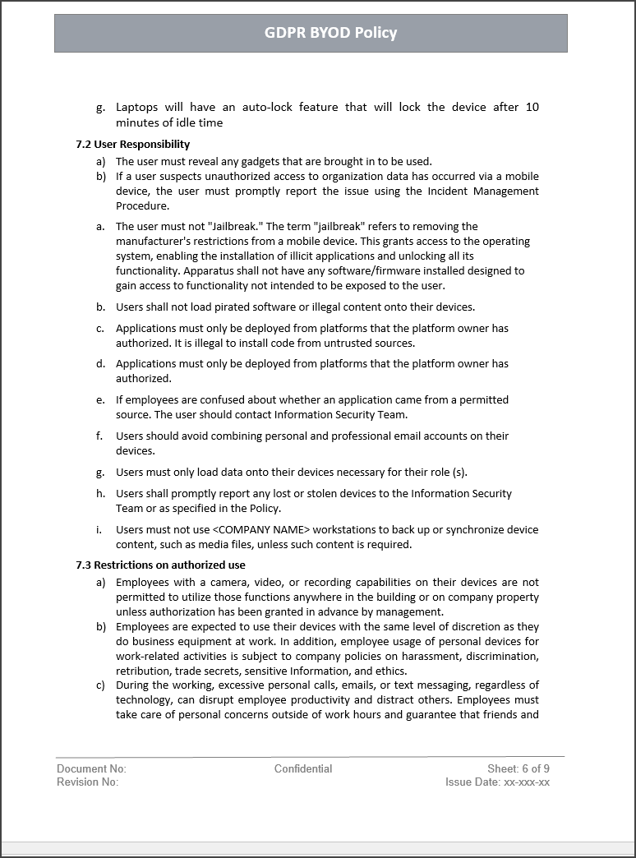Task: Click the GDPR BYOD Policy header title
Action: (330, 33)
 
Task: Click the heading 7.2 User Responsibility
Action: (132, 145)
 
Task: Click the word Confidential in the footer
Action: (303, 769)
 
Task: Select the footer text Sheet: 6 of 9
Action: (518, 769)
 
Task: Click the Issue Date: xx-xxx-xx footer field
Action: (497, 782)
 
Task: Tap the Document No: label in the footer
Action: (91, 769)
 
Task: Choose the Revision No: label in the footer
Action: (87, 782)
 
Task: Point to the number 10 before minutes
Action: (532, 108)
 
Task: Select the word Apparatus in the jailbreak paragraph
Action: (210, 271)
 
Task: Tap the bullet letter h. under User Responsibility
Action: (100, 494)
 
